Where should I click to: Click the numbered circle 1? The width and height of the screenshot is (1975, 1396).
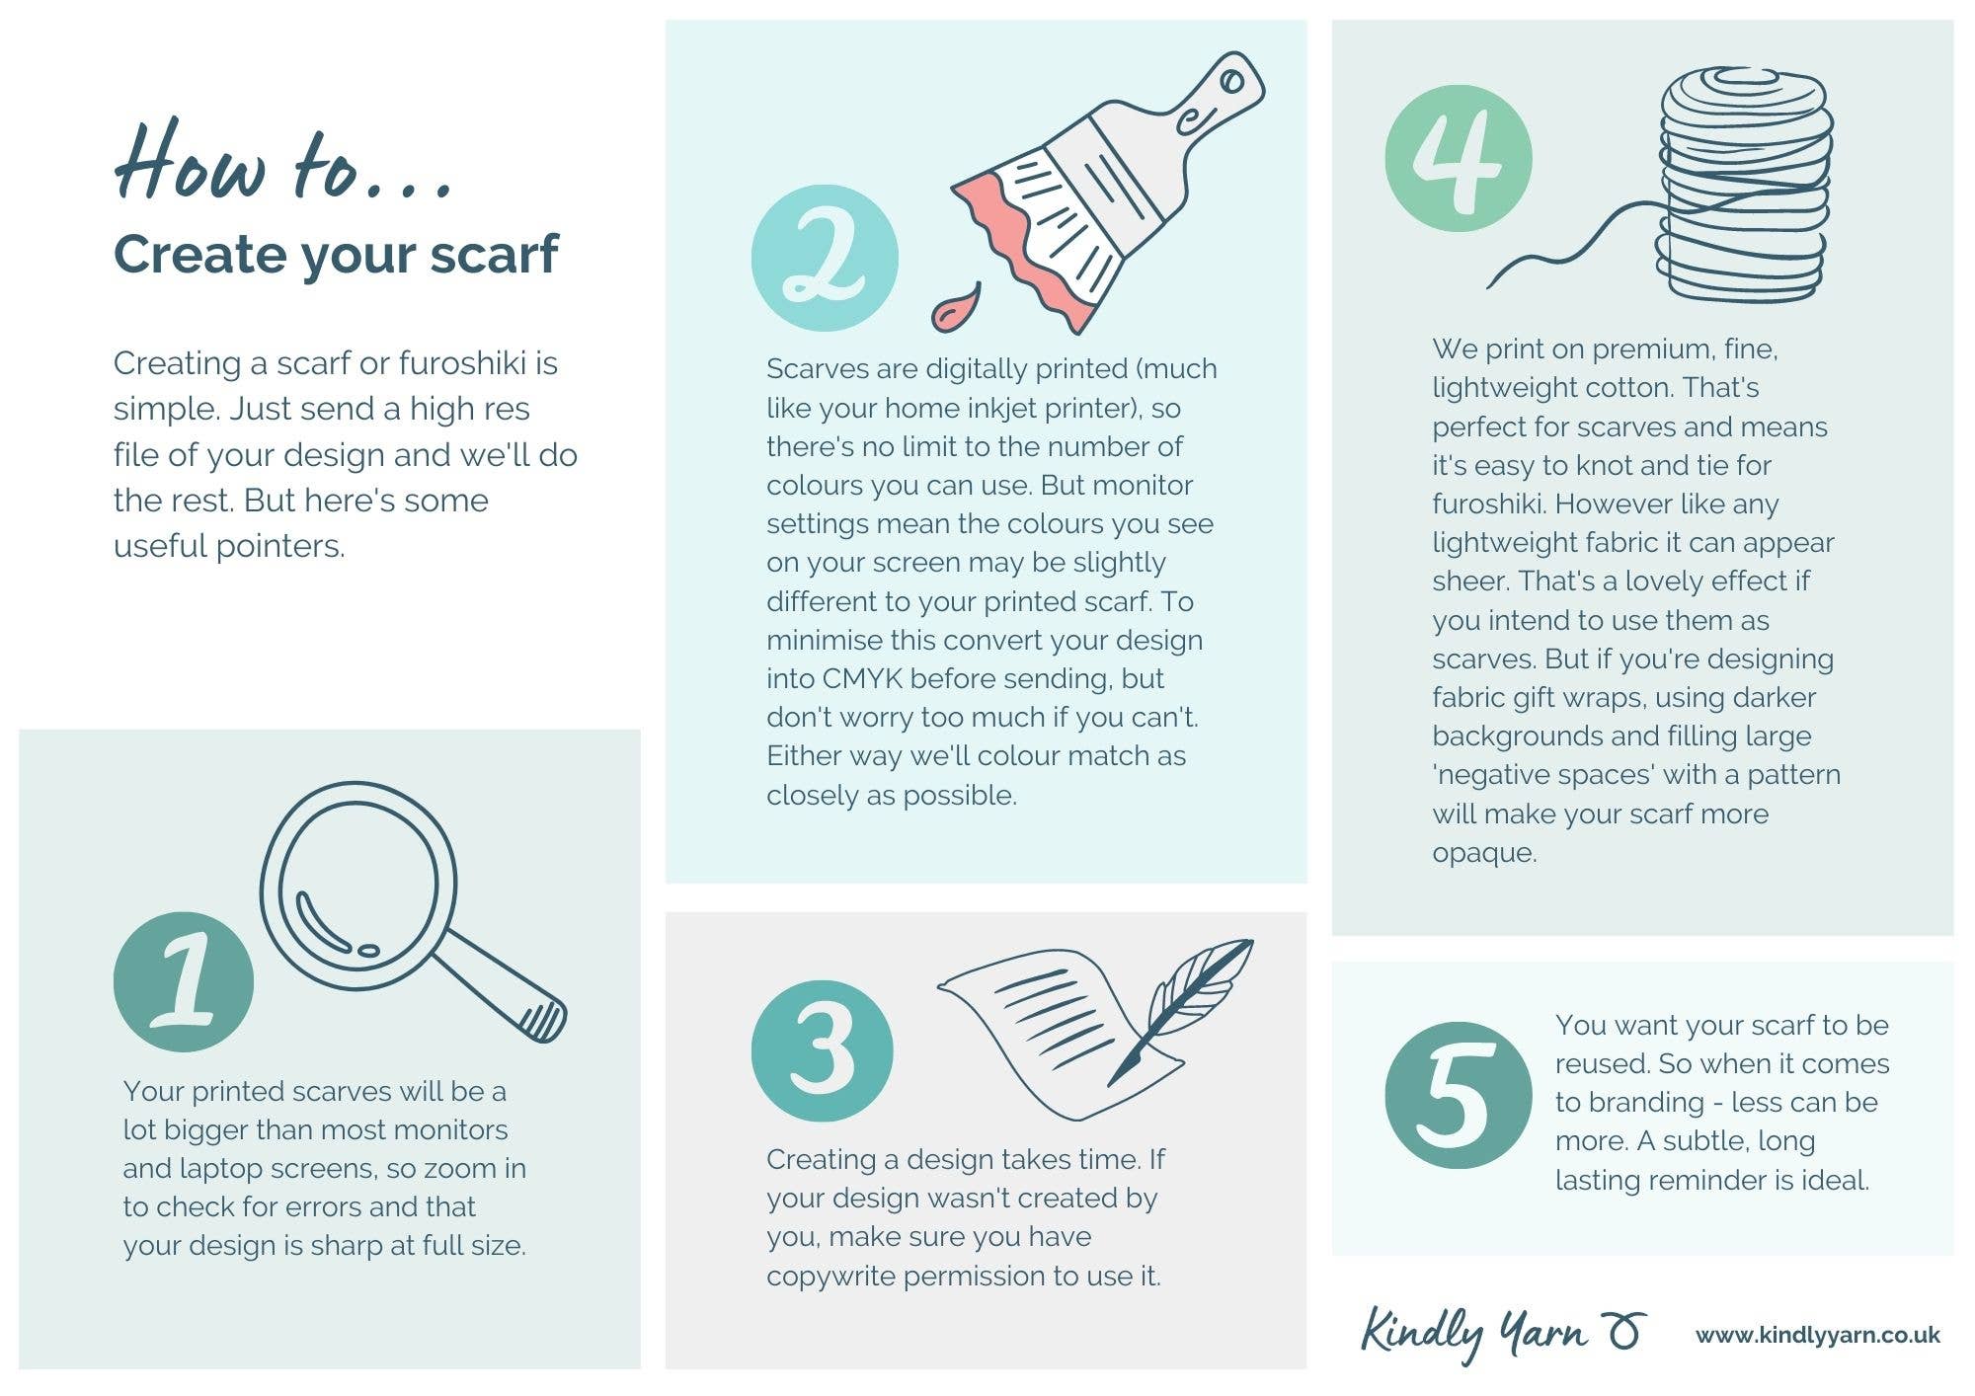[184, 981]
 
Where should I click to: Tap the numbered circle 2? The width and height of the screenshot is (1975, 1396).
[825, 258]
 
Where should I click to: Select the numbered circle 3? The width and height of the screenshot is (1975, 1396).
[823, 1050]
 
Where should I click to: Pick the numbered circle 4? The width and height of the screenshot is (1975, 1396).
[1459, 159]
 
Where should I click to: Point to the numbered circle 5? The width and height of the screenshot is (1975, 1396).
[1459, 1096]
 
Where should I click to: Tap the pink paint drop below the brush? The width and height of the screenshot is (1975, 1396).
[955, 307]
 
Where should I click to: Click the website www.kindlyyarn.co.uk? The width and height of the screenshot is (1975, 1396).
[1818, 1336]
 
